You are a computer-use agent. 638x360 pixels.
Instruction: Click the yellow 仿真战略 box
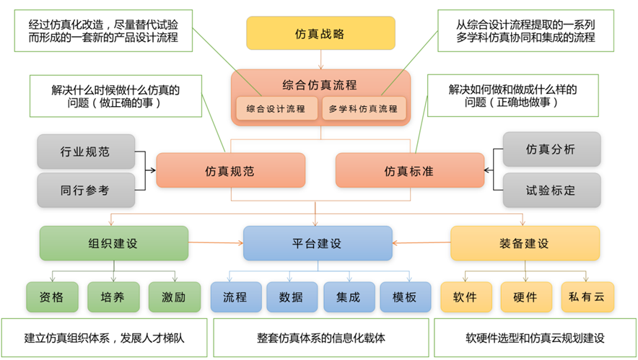coord(320,34)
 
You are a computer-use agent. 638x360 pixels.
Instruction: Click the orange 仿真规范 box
coord(230,171)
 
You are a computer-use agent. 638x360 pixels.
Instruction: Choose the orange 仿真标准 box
coord(409,171)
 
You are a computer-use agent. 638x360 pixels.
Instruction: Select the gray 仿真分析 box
coord(551,150)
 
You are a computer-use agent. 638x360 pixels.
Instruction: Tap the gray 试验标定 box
coord(551,189)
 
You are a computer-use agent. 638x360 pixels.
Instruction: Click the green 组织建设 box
coord(113,243)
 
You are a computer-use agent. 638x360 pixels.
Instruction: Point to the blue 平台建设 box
coord(318,243)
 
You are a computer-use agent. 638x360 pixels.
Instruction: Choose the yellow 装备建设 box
coord(525,243)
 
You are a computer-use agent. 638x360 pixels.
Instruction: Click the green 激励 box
coord(174,297)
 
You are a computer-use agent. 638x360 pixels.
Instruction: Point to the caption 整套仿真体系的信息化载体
coord(321,338)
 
